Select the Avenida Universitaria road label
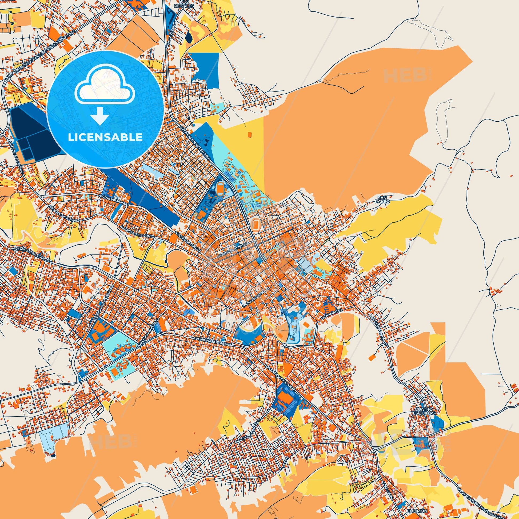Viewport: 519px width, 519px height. coord(195,143)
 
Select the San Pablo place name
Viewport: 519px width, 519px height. coord(381,199)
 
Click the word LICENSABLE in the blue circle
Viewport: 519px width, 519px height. coord(105,137)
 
